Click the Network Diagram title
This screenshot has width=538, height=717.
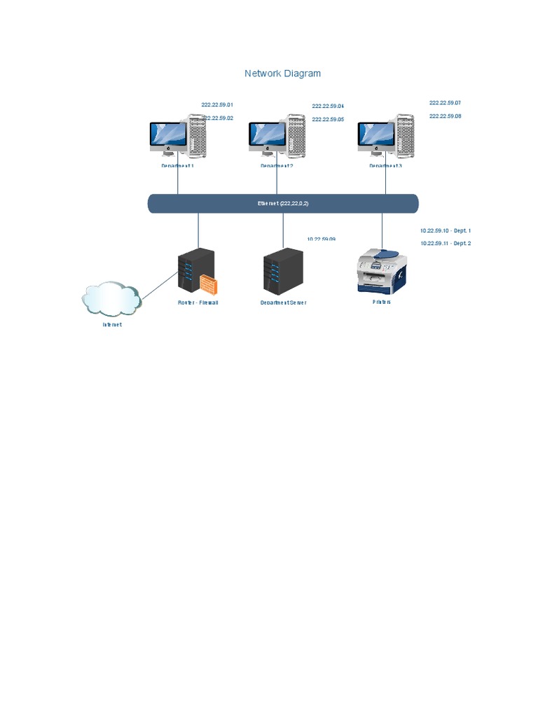click(x=282, y=74)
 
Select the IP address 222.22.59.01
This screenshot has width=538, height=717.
click(x=217, y=104)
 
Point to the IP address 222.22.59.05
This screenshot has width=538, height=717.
click(x=328, y=120)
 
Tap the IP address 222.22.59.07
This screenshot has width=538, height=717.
click(x=445, y=103)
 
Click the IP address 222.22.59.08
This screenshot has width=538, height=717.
click(x=445, y=116)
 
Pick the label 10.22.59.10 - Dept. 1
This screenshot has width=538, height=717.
click(x=446, y=230)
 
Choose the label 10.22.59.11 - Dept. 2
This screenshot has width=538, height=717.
click(x=446, y=244)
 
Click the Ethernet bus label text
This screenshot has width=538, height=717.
click(x=283, y=204)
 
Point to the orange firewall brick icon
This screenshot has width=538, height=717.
click(x=209, y=285)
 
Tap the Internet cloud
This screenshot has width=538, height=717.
click(x=111, y=299)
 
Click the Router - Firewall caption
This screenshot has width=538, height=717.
click(x=198, y=303)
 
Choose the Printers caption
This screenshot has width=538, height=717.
click(x=382, y=302)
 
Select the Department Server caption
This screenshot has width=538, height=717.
click(x=283, y=303)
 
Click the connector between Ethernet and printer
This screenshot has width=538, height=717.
click(x=382, y=230)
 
